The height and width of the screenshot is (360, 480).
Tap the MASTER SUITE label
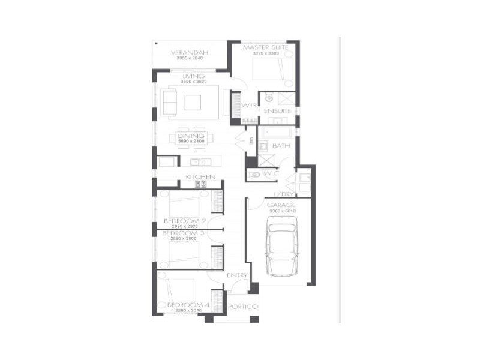pyautogui.click(x=266, y=47)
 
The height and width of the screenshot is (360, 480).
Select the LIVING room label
pyautogui.click(x=194, y=76)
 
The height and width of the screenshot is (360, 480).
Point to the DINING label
pyautogui.click(x=191, y=136)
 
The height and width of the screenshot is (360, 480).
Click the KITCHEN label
pyautogui.click(x=200, y=176)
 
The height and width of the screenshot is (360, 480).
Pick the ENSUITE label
pyautogui.click(x=277, y=111)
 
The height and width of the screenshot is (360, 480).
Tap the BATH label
pyautogui.click(x=281, y=146)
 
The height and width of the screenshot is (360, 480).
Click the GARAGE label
pyautogui.click(x=281, y=205)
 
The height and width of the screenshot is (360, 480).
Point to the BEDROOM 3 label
pyautogui.click(x=184, y=233)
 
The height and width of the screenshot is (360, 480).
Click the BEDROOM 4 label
pyautogui.click(x=188, y=305)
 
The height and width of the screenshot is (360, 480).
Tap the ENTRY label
pyautogui.click(x=237, y=275)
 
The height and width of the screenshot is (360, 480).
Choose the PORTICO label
pyautogui.click(x=242, y=307)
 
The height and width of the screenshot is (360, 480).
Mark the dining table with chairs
pyautogui.click(x=191, y=139)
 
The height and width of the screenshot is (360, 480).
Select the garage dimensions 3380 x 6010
pyautogui.click(x=281, y=211)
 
